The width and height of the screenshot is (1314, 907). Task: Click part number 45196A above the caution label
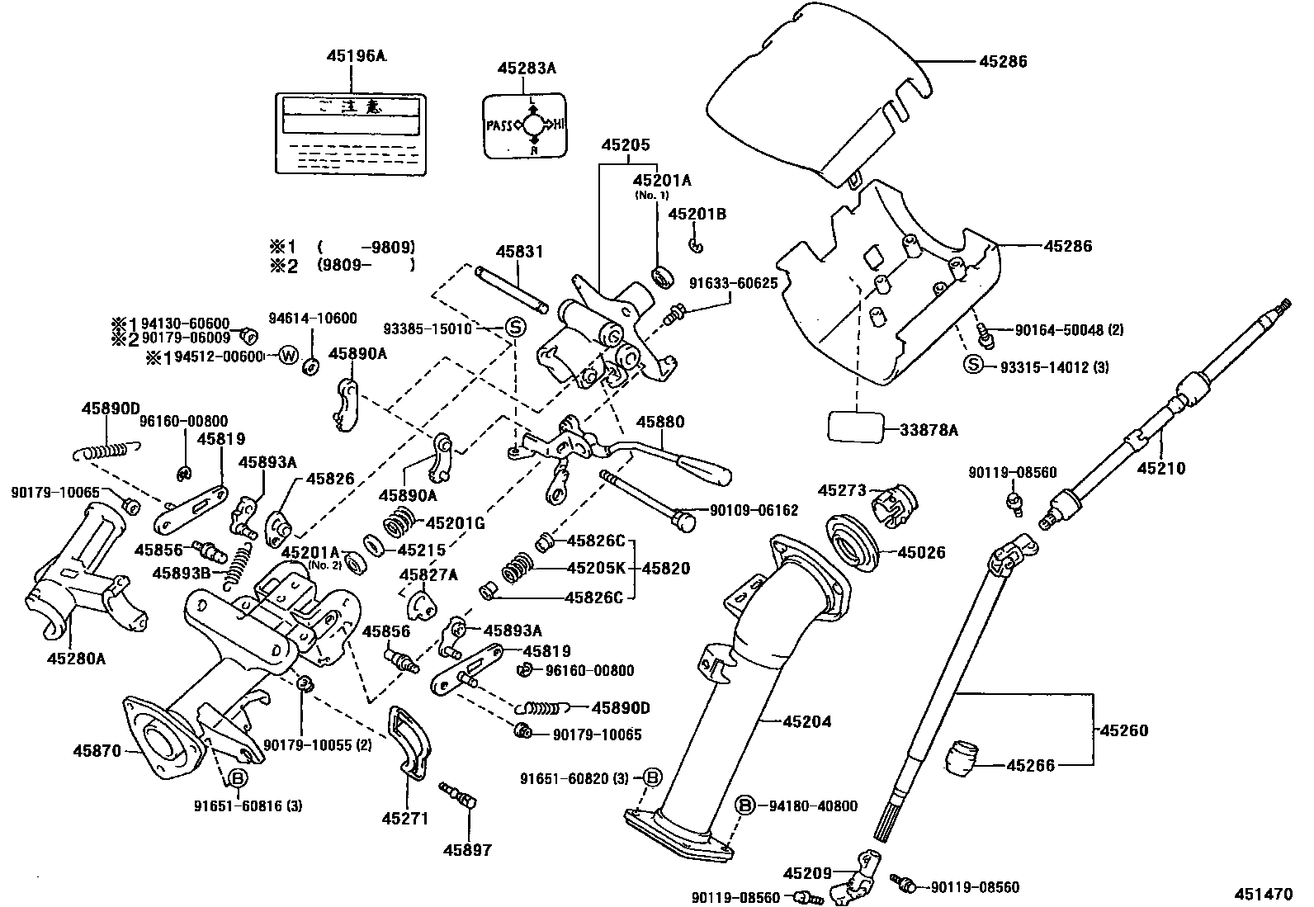(356, 55)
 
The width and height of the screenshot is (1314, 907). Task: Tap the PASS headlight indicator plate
(524, 125)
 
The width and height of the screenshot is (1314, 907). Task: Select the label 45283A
(526, 68)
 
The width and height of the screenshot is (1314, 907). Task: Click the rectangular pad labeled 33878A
(855, 429)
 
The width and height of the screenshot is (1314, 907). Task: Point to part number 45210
(1160, 468)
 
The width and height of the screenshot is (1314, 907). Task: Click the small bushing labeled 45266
(961, 758)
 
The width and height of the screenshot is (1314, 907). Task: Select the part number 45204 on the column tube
(806, 721)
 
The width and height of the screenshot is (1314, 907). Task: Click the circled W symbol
(287, 356)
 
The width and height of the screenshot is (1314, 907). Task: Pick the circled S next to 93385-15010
(514, 327)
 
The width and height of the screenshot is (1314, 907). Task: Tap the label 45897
(467, 849)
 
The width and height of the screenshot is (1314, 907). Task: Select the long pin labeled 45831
(512, 290)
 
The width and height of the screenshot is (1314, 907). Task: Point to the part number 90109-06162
(754, 510)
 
